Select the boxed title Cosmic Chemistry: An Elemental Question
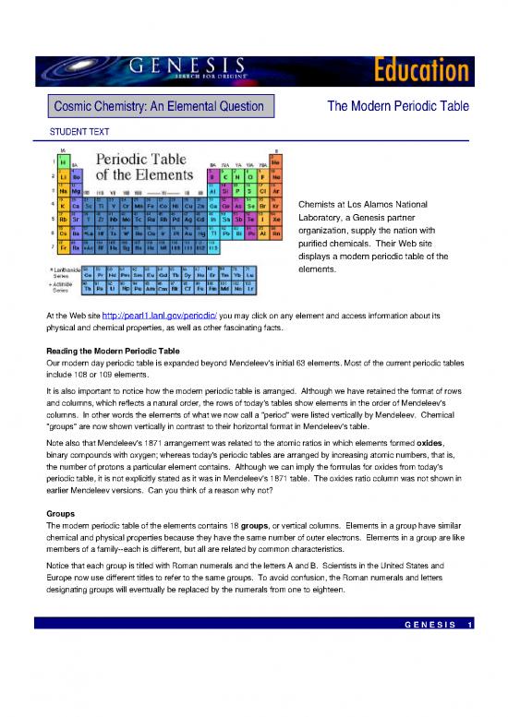pyautogui.click(x=159, y=108)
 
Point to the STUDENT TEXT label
pyautogui.click(x=79, y=133)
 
